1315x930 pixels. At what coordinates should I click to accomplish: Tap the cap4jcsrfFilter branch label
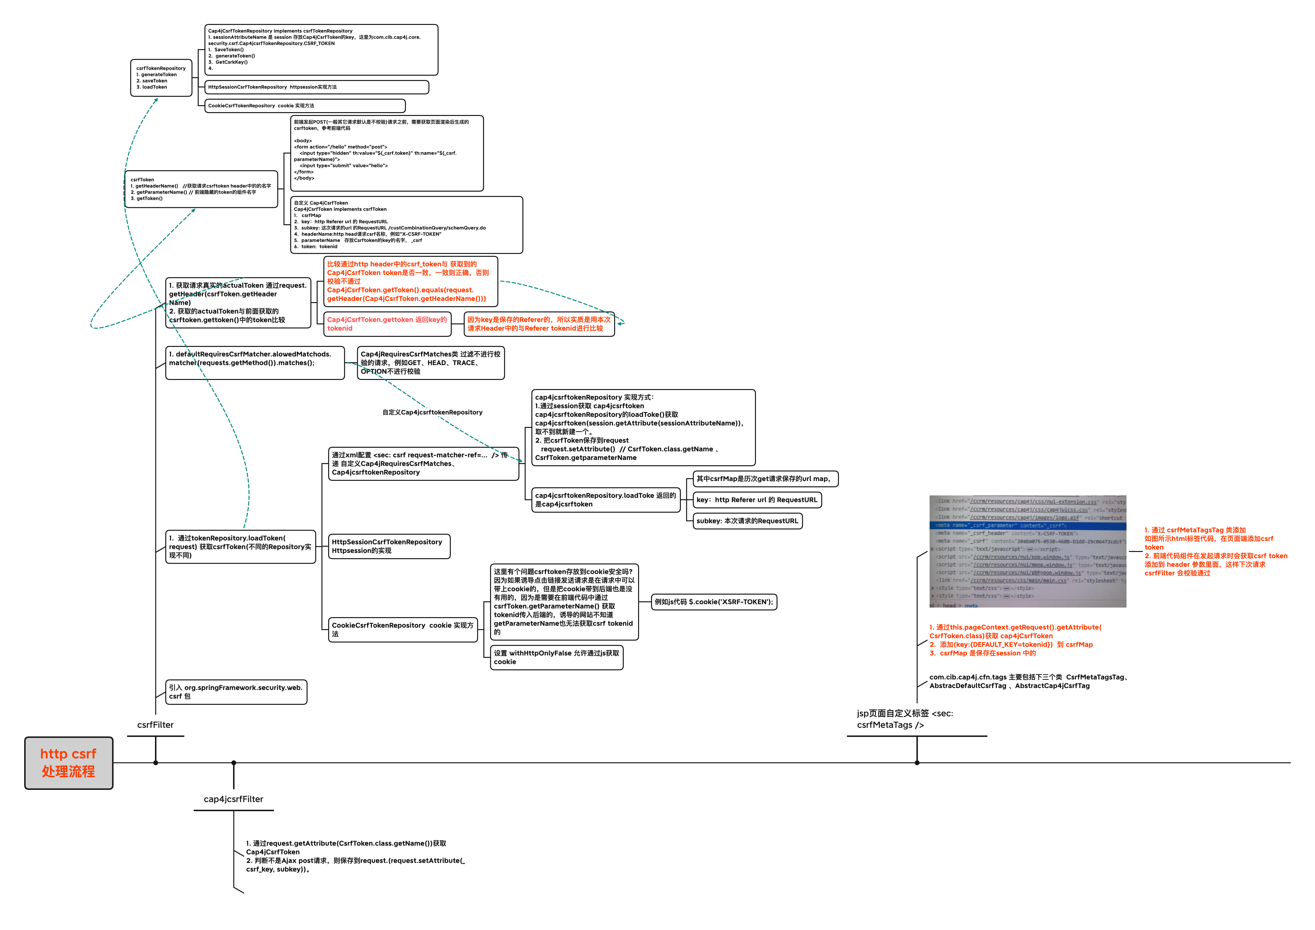pyautogui.click(x=234, y=799)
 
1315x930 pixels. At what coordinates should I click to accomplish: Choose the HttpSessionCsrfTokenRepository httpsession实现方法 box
pyautogui.click(x=317, y=87)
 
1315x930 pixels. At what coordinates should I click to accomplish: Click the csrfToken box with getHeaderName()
pyautogui.click(x=201, y=189)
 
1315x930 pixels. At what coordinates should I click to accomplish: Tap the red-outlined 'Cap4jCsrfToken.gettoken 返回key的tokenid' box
pyautogui.click(x=387, y=324)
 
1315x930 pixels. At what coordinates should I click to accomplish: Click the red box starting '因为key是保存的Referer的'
pyautogui.click(x=539, y=324)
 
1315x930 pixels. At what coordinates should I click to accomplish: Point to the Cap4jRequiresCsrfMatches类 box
pyautogui.click(x=431, y=362)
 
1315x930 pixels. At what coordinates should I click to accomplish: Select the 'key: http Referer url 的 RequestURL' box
pyautogui.click(x=757, y=500)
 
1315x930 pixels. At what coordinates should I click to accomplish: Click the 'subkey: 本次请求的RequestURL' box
pyautogui.click(x=747, y=521)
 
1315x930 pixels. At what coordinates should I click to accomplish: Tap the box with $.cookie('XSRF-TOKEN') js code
pyautogui.click(x=714, y=602)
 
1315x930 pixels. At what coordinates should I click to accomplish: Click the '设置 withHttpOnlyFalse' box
pyautogui.click(x=557, y=657)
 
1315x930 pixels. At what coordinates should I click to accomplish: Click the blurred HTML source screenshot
pyautogui.click(x=1028, y=551)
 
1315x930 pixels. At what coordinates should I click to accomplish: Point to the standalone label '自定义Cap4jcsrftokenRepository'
pyautogui.click(x=432, y=412)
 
